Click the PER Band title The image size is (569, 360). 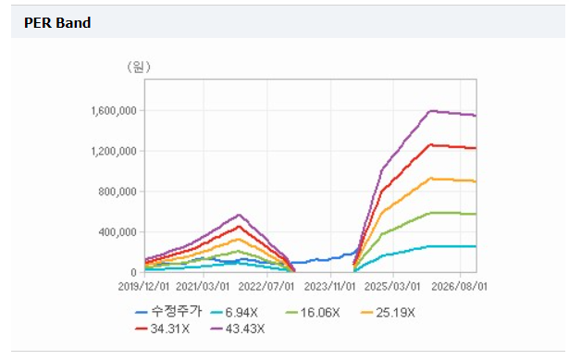click(x=57, y=23)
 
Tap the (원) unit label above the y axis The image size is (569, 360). click(x=139, y=67)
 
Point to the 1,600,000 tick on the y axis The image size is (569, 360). click(x=113, y=111)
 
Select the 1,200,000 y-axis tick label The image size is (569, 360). click(x=113, y=151)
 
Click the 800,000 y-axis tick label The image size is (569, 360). click(x=117, y=192)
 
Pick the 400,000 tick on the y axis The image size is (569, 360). click(x=117, y=232)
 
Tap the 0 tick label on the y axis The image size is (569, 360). click(x=133, y=272)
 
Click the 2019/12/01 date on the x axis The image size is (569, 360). click(x=143, y=287)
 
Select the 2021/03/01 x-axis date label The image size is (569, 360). click(x=203, y=287)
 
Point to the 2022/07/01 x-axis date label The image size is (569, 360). click(x=266, y=287)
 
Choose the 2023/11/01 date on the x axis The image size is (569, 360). click(x=329, y=287)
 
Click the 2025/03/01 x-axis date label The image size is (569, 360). click(x=392, y=287)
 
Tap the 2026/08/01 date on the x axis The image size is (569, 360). click(x=459, y=287)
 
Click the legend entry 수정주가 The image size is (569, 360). click(x=168, y=312)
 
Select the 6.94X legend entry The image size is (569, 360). click(x=234, y=313)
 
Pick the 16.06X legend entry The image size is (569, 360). click(x=313, y=313)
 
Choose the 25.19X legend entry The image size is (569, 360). click(x=388, y=313)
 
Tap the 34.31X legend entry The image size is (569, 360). click(x=162, y=329)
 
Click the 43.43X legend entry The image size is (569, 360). click(x=238, y=329)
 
